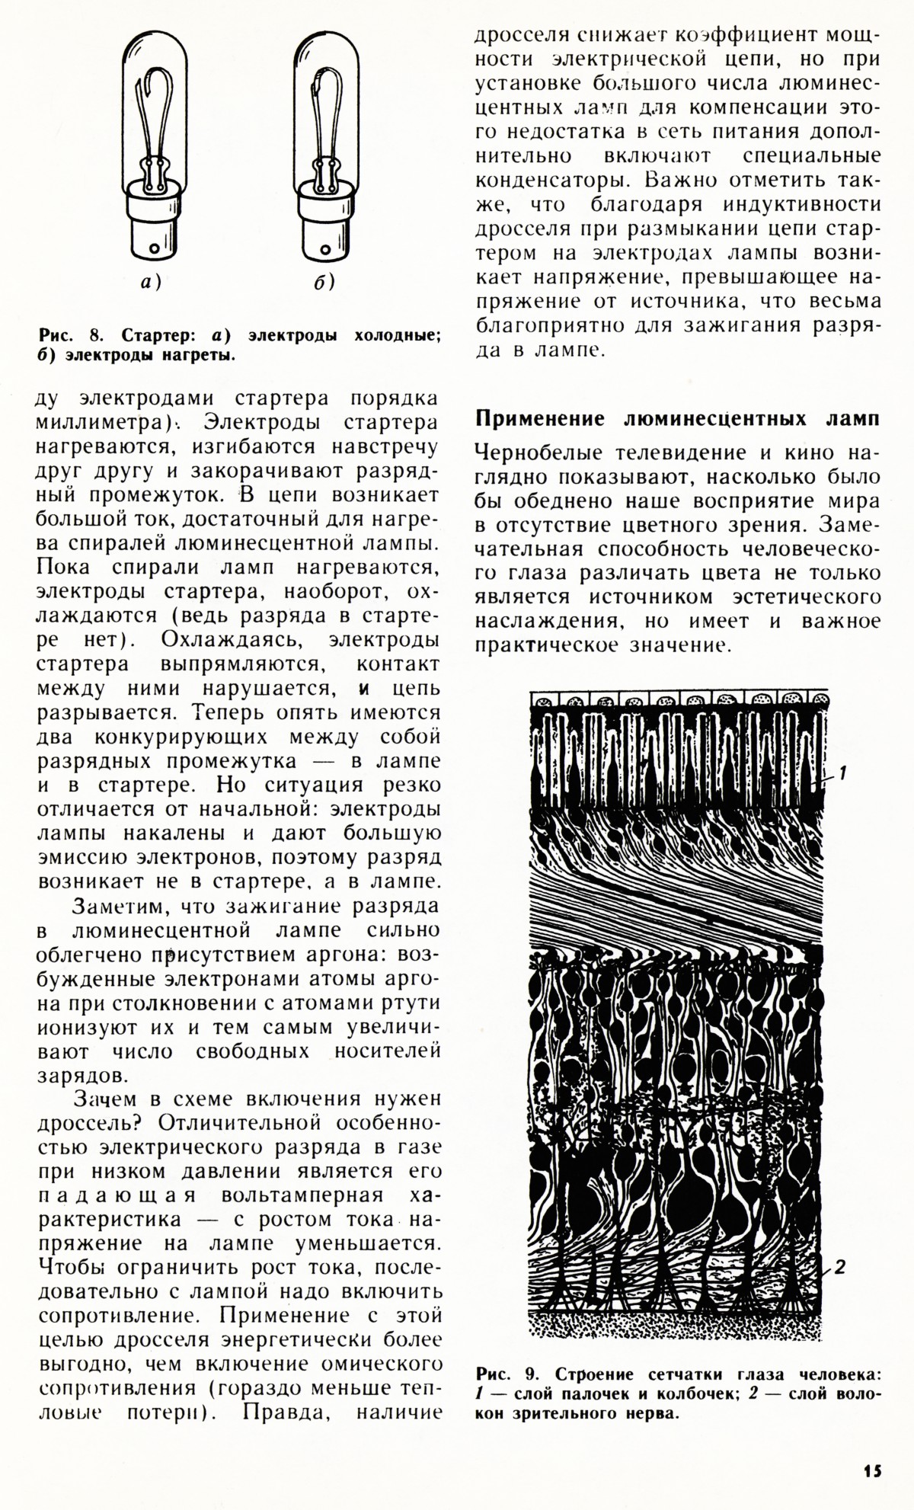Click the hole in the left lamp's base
(155, 248)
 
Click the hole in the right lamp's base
(325, 248)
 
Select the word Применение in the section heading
(542, 419)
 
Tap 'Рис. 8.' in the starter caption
(71, 336)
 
